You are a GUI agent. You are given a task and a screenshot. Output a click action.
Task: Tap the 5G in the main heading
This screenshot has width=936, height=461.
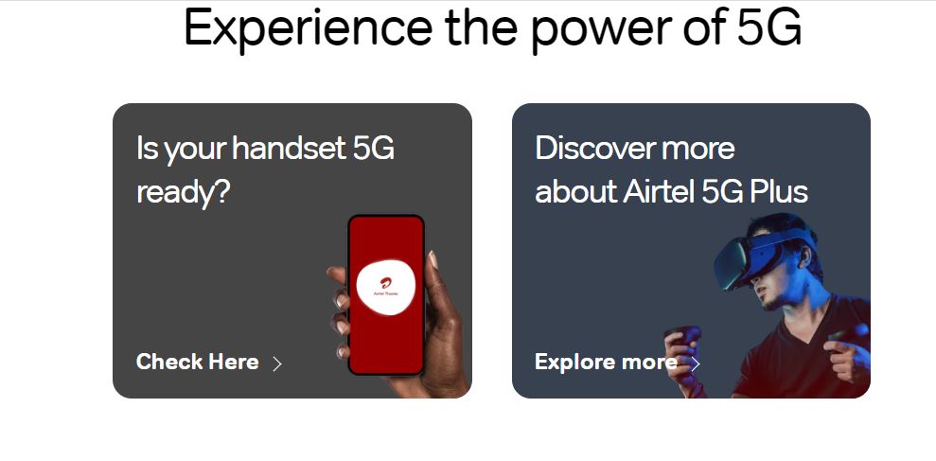(x=768, y=27)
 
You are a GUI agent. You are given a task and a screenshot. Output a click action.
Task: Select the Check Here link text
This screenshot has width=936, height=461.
(x=198, y=362)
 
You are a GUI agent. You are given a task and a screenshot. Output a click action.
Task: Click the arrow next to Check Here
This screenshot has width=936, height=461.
(x=277, y=363)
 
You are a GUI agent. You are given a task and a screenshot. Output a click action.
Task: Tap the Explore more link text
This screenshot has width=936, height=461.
(x=606, y=362)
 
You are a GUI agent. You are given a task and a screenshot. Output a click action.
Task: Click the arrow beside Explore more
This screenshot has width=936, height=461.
(x=695, y=363)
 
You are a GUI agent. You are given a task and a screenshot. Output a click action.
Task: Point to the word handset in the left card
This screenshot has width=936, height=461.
(x=289, y=147)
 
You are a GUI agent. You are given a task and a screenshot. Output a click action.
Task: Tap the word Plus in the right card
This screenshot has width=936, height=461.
(x=778, y=191)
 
